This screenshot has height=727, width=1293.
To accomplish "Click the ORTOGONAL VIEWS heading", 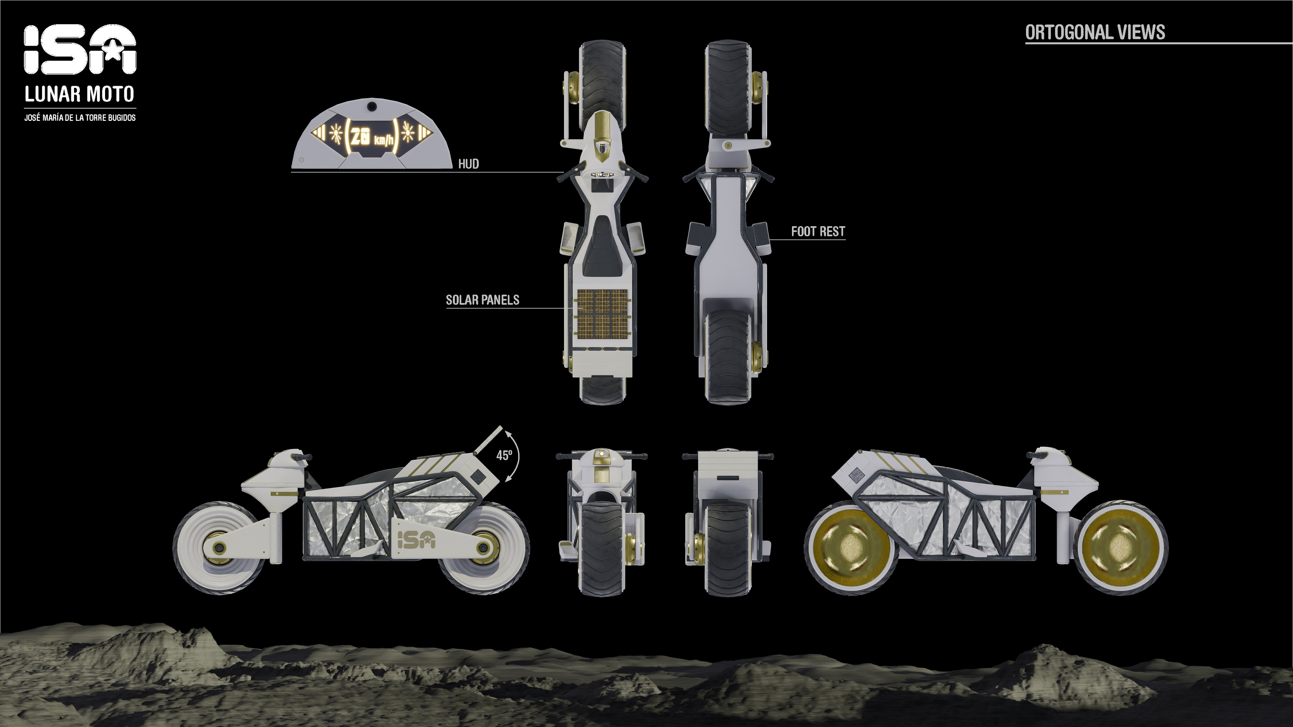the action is click(x=1095, y=32).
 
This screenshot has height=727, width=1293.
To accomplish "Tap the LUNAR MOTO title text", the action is click(x=80, y=94).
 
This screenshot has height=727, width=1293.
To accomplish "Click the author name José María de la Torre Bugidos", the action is click(x=80, y=117).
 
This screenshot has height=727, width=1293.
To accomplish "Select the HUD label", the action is click(x=468, y=164).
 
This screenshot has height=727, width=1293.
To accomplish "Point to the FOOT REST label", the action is click(x=818, y=231).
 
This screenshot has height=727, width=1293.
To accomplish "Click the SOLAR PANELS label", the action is click(x=483, y=300).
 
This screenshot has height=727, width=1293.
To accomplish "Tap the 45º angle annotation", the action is click(x=504, y=455).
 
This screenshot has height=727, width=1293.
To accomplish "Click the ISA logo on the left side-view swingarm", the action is click(x=416, y=539).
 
